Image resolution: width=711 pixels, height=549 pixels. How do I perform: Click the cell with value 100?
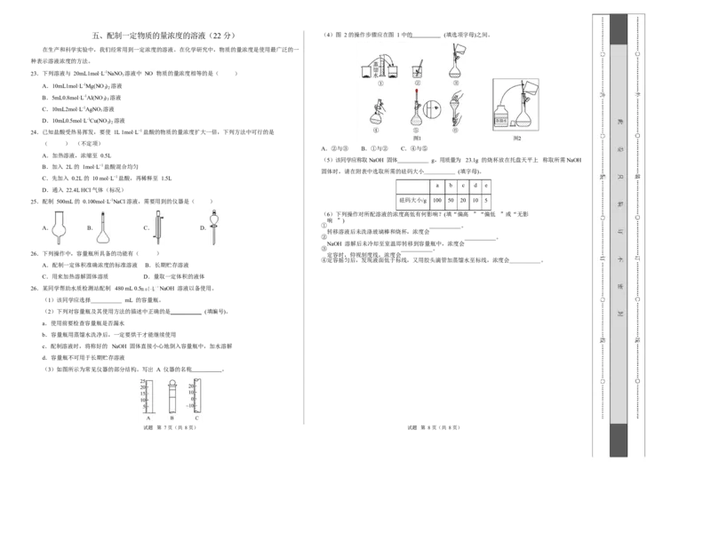coord(437,202)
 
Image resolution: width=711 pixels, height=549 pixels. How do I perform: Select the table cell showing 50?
coord(452,202)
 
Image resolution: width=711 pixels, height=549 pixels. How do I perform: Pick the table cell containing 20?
coord(465,202)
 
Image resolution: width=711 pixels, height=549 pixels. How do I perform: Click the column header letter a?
coord(437,186)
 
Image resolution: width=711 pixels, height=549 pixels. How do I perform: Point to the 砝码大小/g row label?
coord(412,202)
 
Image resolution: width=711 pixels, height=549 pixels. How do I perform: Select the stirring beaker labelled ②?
coord(416,70)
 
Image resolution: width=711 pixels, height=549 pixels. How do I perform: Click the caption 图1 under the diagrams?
coord(416,138)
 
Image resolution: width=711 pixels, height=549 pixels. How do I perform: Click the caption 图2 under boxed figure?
coord(517,138)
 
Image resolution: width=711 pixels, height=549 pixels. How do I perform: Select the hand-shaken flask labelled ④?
coord(377,113)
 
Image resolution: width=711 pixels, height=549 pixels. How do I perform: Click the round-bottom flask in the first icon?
coord(60,226)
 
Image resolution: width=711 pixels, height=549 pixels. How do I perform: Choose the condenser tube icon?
coord(158,226)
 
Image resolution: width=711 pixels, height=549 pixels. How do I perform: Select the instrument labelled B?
coord(172,396)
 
